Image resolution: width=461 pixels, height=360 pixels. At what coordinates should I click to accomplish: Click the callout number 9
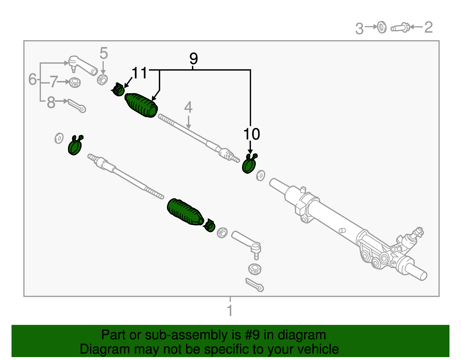click(x=194, y=59)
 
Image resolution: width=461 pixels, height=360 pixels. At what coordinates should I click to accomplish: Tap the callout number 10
click(x=252, y=134)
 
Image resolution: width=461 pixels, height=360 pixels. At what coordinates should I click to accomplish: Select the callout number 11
click(x=139, y=73)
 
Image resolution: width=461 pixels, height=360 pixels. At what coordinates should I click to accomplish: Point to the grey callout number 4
click(x=188, y=108)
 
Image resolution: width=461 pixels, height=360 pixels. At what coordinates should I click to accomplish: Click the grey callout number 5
click(x=103, y=54)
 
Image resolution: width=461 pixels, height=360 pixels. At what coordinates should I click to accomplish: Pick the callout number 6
click(x=33, y=79)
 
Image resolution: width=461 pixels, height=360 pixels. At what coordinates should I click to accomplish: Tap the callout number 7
click(x=54, y=82)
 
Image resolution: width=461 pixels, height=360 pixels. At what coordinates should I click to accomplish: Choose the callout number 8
click(x=51, y=102)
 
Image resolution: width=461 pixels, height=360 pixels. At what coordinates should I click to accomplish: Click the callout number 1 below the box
click(x=230, y=311)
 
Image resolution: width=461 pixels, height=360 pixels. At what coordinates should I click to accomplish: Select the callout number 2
click(x=428, y=27)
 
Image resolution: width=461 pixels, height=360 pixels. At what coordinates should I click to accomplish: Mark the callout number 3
click(x=359, y=29)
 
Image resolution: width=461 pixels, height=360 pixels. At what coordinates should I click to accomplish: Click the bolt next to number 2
click(x=400, y=28)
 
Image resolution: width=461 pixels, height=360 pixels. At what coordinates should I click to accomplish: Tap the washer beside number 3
click(x=382, y=27)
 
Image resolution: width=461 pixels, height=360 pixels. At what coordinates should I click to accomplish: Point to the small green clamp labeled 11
click(x=119, y=90)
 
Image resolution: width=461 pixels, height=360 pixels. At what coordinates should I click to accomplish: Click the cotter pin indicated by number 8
click(x=77, y=106)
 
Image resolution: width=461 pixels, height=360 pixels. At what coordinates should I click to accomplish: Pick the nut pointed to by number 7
click(x=75, y=83)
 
